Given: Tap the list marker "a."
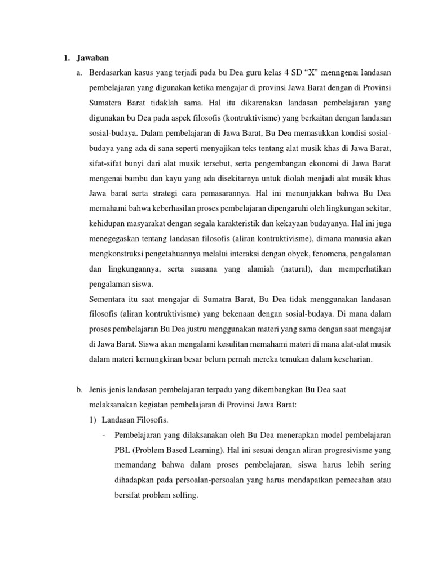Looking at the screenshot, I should pos(78,73).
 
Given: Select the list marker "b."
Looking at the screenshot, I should pos(78,389).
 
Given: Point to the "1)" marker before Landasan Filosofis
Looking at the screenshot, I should pos(94,420).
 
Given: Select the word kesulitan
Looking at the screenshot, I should pos(239,343).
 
